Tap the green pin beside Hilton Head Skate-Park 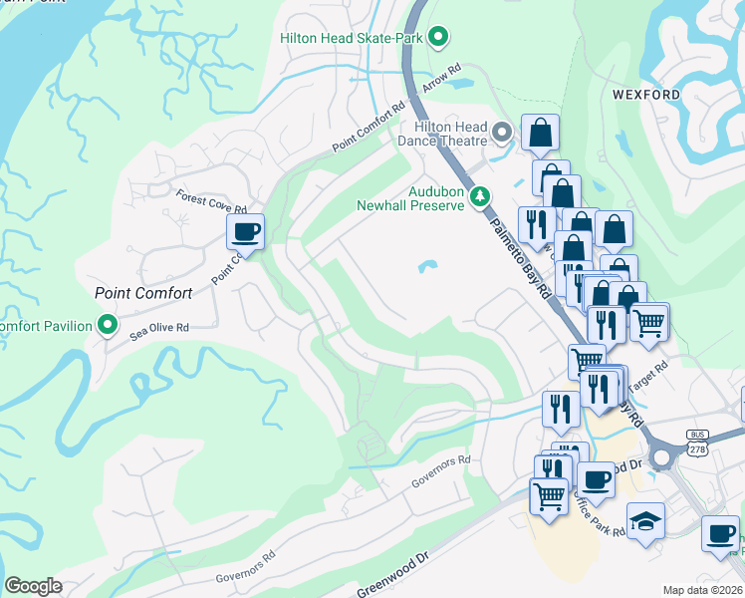pyautogui.click(x=437, y=39)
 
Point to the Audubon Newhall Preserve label pyautogui.click(x=410, y=198)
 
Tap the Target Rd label pyautogui.click(x=648, y=374)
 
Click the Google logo pyautogui.click(x=33, y=585)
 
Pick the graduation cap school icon pyautogui.click(x=644, y=521)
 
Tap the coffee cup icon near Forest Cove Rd pyautogui.click(x=245, y=233)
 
